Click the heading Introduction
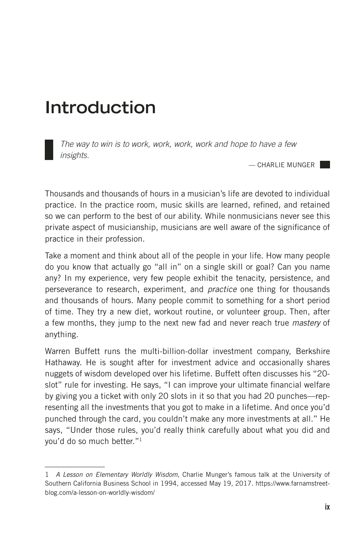[100, 108]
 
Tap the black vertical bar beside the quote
[49, 150]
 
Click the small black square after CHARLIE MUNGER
[325, 164]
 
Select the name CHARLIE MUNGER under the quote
[286, 165]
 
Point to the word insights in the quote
[74, 155]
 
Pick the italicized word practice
[222, 289]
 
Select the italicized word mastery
[306, 323]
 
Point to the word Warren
[57, 351]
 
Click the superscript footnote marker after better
[140, 440]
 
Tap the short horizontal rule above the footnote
[74, 466]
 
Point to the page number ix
[327, 507]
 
